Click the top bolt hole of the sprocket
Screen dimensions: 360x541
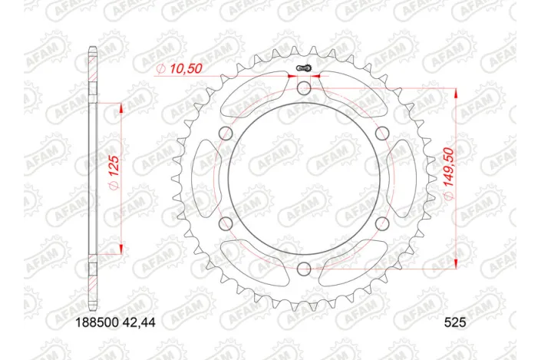[304, 90]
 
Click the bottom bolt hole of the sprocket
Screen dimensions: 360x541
[304, 268]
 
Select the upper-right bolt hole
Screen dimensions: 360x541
[381, 134]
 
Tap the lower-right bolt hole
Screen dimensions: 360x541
[381, 223]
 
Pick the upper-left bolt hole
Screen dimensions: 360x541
[226, 134]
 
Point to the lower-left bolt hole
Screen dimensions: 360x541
[226, 223]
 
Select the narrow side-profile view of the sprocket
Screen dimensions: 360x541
[92, 179]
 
